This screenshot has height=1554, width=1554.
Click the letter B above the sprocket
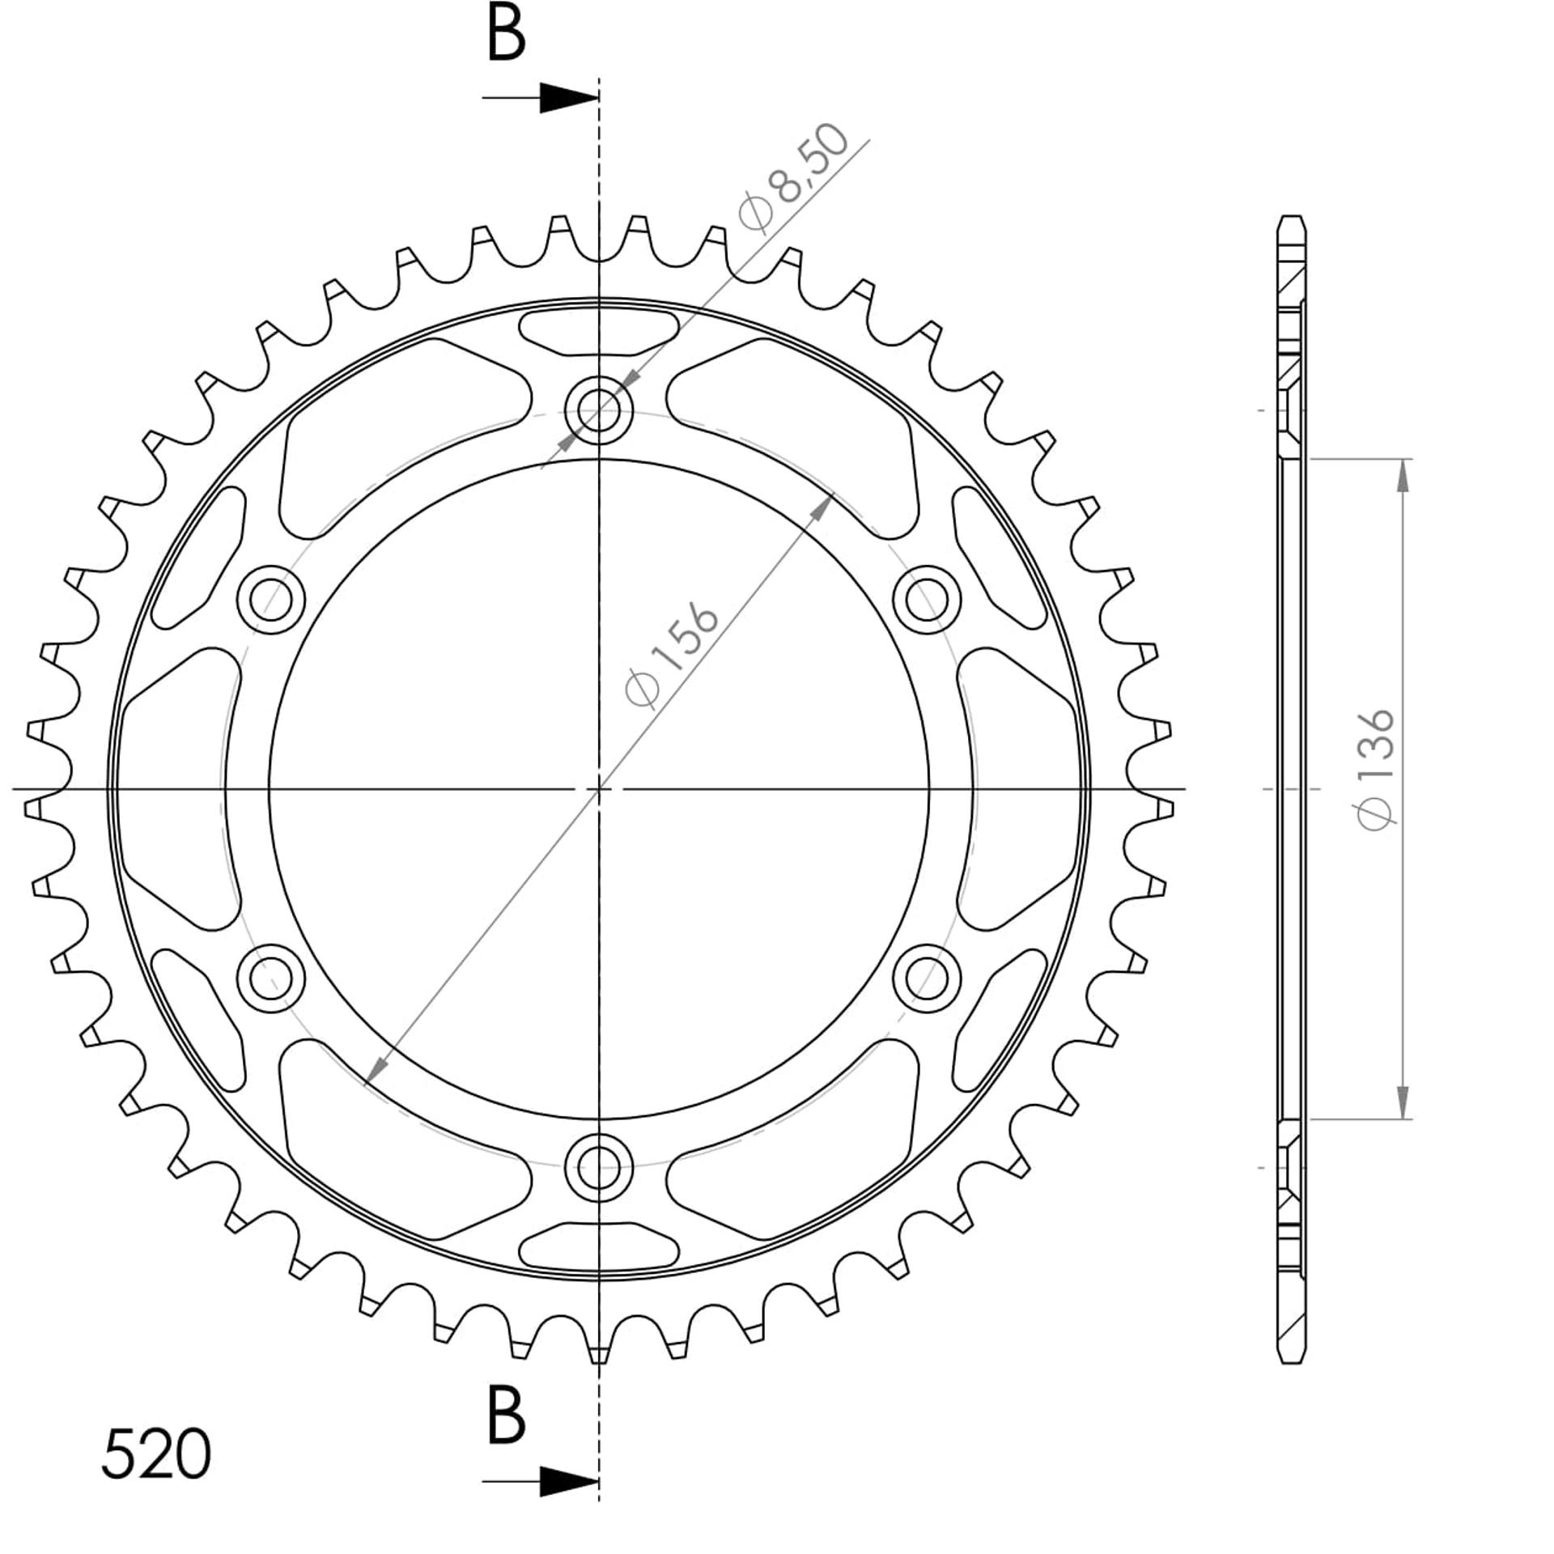coord(507,35)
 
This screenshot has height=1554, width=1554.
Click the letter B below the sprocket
coord(507,1416)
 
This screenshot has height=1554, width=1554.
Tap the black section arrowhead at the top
coord(569,98)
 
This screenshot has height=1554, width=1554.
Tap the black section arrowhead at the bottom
coord(569,1482)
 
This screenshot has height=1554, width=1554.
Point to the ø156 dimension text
coord(672,656)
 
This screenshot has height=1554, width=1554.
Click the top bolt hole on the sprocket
coord(599,410)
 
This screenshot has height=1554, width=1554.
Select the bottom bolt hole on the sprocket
coord(599,1168)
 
